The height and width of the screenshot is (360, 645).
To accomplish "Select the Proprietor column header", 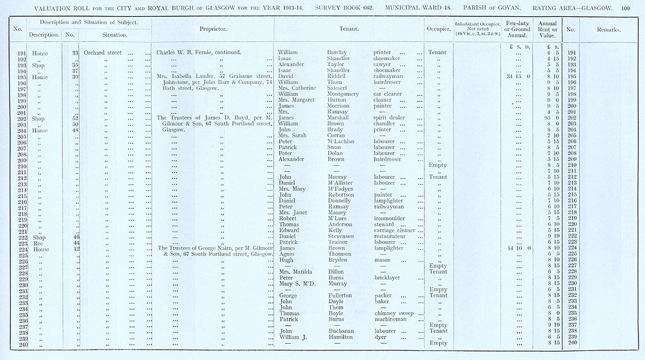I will coord(212,29).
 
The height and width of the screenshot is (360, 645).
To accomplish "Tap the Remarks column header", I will coord(608,30).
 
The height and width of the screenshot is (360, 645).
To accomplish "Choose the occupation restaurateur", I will coord(393,237).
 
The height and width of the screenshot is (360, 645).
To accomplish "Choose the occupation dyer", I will coord(381,337).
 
